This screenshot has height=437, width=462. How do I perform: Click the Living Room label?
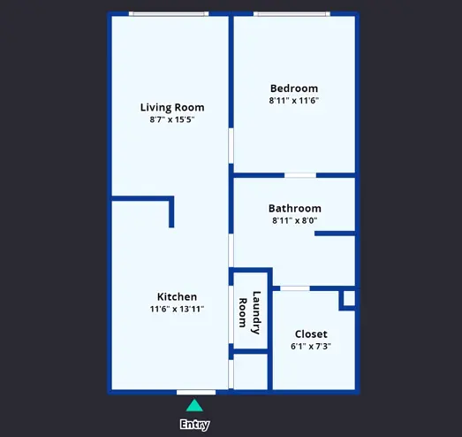(172, 107)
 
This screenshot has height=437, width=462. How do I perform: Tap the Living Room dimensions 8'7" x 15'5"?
(172, 119)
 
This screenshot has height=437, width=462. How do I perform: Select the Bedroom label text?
(294, 88)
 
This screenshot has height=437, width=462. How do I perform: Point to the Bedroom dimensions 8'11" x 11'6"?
(294, 101)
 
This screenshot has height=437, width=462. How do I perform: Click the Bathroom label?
(295, 208)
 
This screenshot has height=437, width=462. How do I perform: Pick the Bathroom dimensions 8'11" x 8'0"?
(295, 220)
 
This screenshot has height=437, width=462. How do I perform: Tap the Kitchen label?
(177, 296)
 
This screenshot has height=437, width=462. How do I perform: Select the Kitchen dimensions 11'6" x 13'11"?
(177, 309)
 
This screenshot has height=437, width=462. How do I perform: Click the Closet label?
(311, 334)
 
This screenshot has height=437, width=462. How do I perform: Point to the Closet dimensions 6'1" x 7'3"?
(311, 346)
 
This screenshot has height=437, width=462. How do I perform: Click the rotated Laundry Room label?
(249, 313)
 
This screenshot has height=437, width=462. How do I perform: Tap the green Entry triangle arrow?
(194, 405)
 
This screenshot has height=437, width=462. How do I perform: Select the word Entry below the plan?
(194, 425)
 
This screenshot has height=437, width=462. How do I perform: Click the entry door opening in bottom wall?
(196, 392)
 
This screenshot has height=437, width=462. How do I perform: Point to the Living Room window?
(169, 13)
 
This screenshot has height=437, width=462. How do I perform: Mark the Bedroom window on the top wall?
(292, 13)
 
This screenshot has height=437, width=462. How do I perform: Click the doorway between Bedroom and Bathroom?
(300, 175)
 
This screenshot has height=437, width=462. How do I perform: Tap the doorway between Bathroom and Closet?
(295, 288)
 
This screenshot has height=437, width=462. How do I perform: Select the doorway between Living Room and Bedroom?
(231, 146)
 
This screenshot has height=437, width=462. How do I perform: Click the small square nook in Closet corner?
(348, 299)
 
